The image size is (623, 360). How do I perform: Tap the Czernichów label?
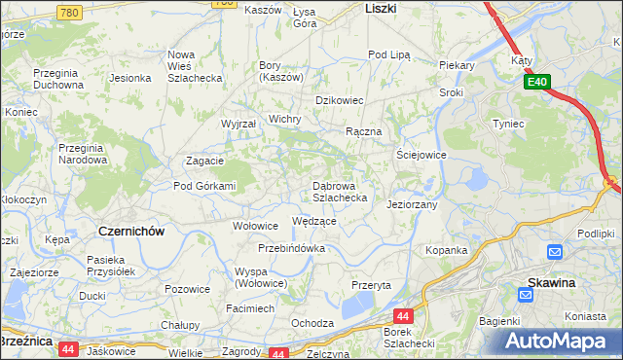(x=131, y=232)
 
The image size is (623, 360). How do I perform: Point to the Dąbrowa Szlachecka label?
(x=339, y=191)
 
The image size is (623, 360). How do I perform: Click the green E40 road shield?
(x=541, y=83)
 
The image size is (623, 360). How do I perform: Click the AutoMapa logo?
(x=560, y=341)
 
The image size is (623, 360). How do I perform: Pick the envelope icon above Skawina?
(x=555, y=253)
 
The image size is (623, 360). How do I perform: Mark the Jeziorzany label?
(x=413, y=205)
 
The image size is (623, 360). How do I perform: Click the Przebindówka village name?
(x=292, y=248)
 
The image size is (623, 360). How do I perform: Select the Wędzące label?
(x=313, y=222)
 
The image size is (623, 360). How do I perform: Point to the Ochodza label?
(x=312, y=323)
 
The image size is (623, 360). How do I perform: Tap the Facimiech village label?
(x=249, y=307)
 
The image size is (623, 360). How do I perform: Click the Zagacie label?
(x=205, y=162)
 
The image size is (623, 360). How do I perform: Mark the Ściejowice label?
(x=421, y=155)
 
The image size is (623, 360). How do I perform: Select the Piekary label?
(x=456, y=65)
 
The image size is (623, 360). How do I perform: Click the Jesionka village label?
(x=129, y=77)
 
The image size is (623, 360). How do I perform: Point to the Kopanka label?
(x=447, y=250)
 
